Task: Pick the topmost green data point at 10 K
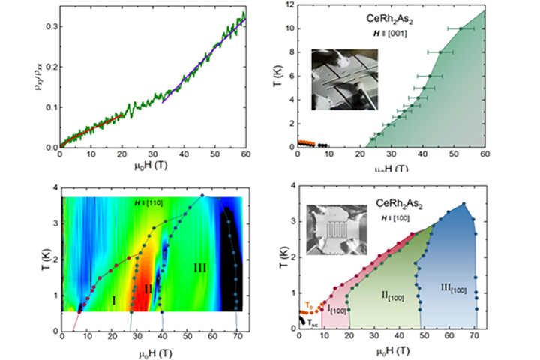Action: pyautogui.click(x=460, y=28)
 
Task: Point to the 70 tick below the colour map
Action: pyautogui.click(x=238, y=338)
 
